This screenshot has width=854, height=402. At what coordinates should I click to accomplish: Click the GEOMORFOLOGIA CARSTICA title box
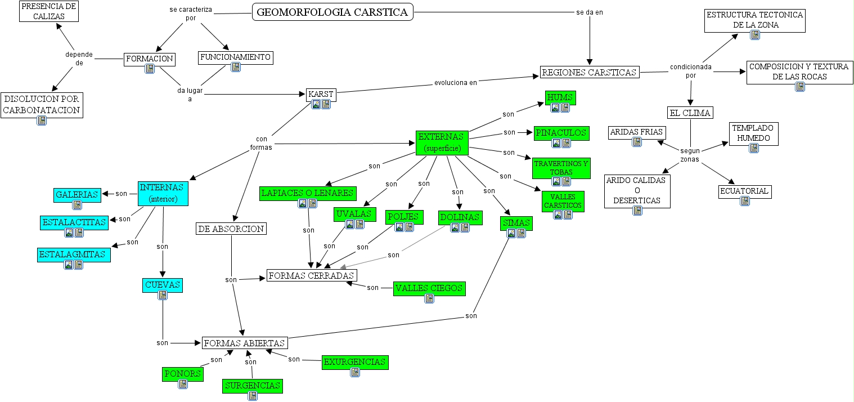pyautogui.click(x=332, y=12)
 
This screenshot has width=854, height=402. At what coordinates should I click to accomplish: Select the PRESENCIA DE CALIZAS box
pyautogui.click(x=48, y=11)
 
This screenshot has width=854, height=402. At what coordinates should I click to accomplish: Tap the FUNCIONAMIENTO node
pyautogui.click(x=236, y=57)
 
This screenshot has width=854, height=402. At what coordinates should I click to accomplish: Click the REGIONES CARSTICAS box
pyautogui.click(x=590, y=72)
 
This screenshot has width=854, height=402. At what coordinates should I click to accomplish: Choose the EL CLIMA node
pyautogui.click(x=690, y=113)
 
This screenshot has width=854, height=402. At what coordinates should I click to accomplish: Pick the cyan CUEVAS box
pyautogui.click(x=163, y=285)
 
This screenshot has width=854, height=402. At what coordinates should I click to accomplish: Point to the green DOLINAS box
pyautogui.click(x=460, y=217)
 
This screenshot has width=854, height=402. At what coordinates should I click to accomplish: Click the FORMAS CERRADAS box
pyautogui.click(x=312, y=275)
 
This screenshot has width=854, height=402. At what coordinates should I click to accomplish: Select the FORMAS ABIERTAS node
pyautogui.click(x=245, y=342)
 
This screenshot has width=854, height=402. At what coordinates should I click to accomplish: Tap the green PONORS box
pyautogui.click(x=183, y=373)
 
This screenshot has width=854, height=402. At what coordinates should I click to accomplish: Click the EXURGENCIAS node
pyautogui.click(x=355, y=362)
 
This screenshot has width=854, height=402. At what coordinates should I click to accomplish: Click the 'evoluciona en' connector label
pyautogui.click(x=456, y=82)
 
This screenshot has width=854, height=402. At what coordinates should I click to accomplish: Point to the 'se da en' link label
pyautogui.click(x=590, y=12)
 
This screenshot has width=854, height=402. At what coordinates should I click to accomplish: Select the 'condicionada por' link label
pyautogui.click(x=690, y=70)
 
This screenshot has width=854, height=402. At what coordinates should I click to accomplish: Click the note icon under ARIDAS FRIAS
pyautogui.click(x=637, y=142)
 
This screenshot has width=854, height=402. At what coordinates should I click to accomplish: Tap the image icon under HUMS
pyautogui.click(x=555, y=108)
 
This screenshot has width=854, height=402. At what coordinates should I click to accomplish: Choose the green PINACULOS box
pyautogui.click(x=561, y=133)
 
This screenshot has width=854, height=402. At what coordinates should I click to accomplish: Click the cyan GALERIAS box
pyautogui.click(x=78, y=194)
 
